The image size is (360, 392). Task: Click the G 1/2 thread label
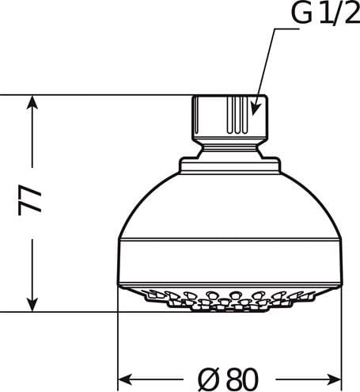[326, 13]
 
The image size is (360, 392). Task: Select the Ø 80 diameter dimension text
[228, 379]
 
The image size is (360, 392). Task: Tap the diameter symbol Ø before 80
[209, 379]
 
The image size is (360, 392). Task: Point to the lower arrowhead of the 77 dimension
[32, 305]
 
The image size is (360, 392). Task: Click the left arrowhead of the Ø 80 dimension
[125, 379]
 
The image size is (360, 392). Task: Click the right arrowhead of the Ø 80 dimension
[334, 379]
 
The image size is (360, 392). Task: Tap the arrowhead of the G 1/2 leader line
[255, 109]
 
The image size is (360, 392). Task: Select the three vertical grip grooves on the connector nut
[237, 114]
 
